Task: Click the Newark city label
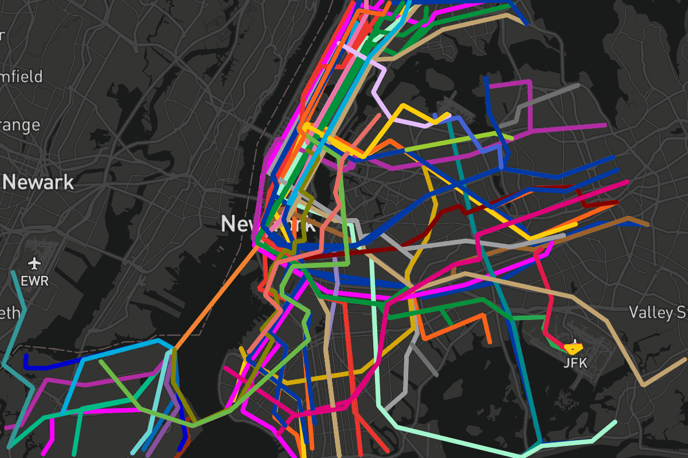(x=39, y=183)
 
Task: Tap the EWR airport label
(x=35, y=281)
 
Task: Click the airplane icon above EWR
(x=35, y=264)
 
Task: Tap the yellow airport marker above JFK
(x=573, y=347)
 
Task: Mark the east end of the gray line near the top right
(x=578, y=85)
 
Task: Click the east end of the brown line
(x=648, y=224)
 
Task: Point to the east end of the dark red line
(x=617, y=202)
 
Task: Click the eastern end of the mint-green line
(x=615, y=423)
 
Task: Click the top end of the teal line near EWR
(x=13, y=273)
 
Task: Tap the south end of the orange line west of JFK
(x=490, y=342)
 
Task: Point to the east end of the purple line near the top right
(x=605, y=125)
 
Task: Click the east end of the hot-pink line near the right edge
(x=628, y=182)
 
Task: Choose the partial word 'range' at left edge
(x=20, y=125)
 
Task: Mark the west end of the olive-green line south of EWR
(x=101, y=361)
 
